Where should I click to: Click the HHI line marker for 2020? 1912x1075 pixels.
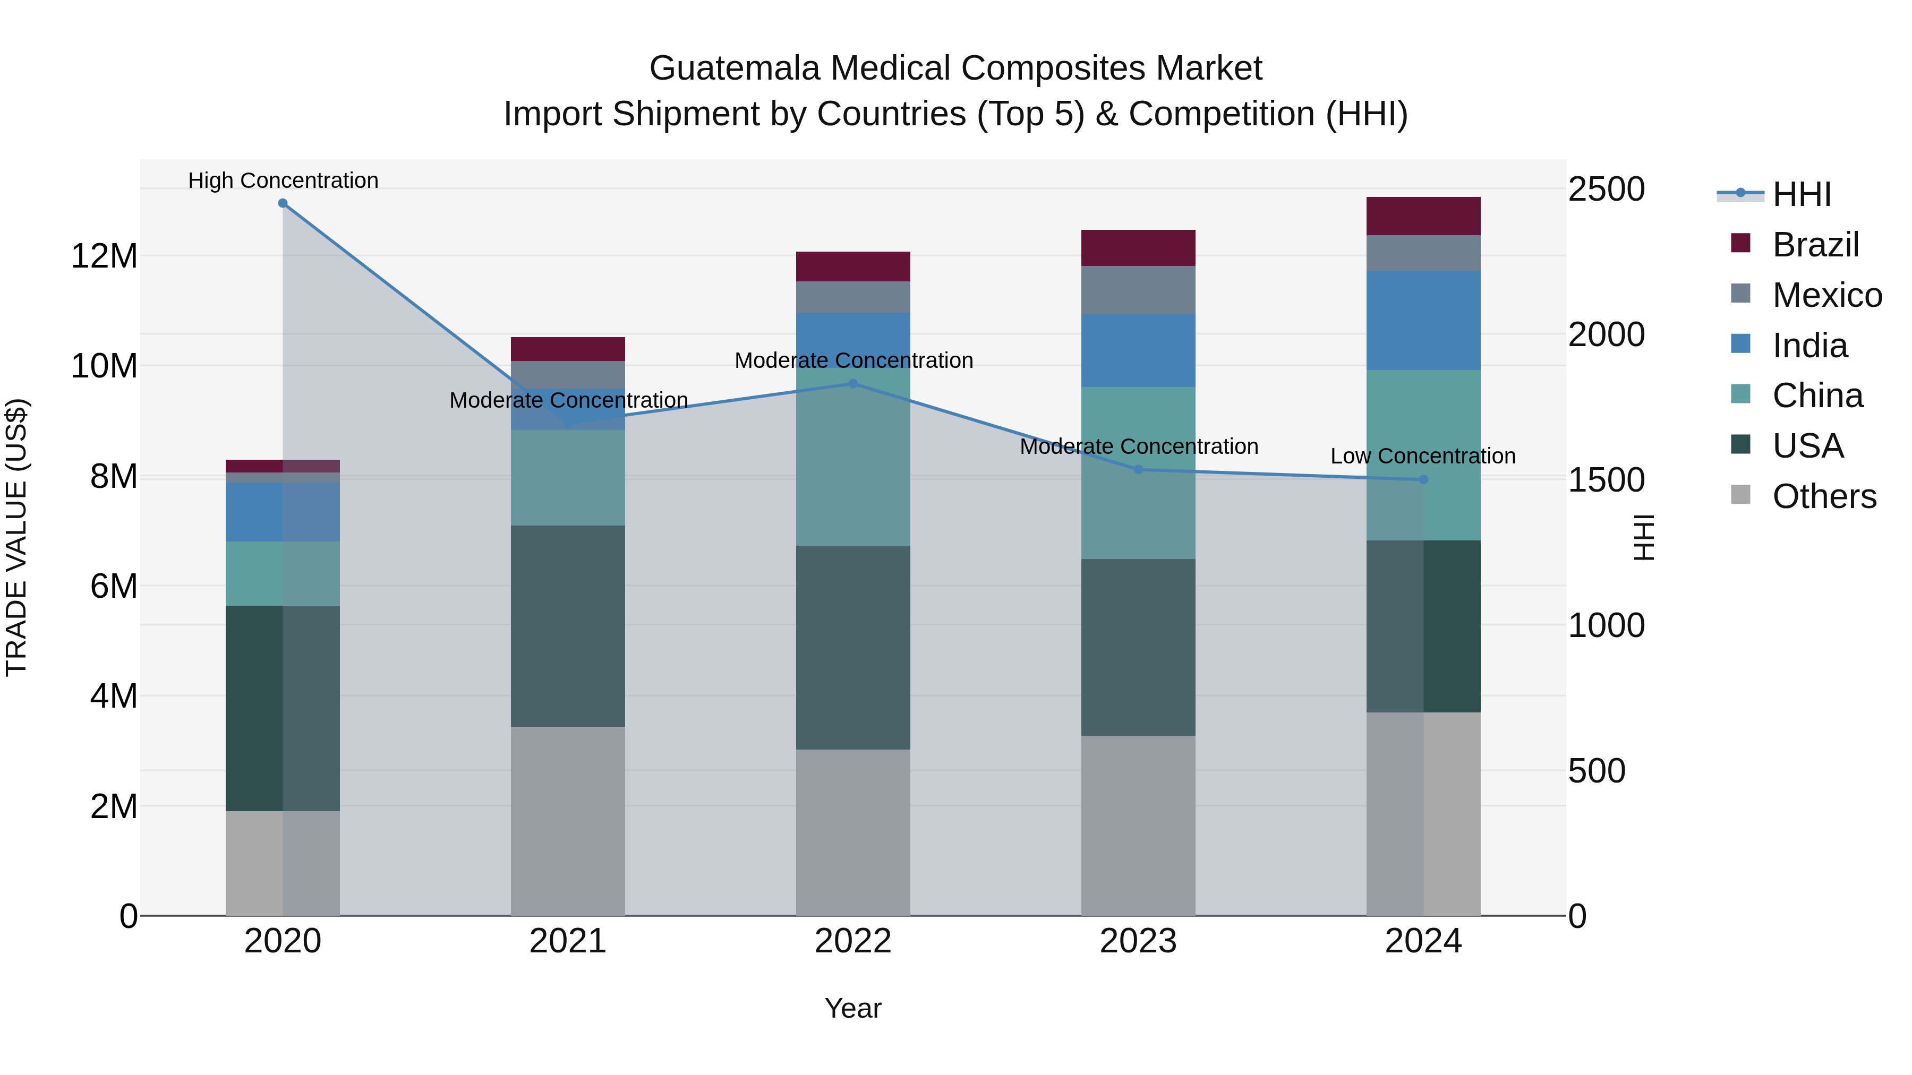(x=283, y=203)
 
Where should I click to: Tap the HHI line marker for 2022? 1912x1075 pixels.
(x=853, y=384)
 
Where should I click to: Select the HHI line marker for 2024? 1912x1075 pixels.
(x=1423, y=480)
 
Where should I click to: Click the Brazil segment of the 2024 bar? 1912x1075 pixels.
(x=1423, y=216)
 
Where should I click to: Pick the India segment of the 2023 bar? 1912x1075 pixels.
(x=1138, y=350)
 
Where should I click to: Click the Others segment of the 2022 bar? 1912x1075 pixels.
(x=853, y=832)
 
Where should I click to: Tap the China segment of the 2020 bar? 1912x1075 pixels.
(x=283, y=573)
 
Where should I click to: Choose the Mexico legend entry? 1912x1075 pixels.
(x=1826, y=295)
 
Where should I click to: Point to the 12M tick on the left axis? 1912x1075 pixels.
(x=104, y=256)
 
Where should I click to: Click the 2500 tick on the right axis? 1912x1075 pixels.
(x=1606, y=189)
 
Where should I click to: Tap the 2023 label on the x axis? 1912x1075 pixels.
(x=1138, y=941)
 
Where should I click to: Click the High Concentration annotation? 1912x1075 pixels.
(x=283, y=180)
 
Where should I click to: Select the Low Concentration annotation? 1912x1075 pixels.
(x=1422, y=455)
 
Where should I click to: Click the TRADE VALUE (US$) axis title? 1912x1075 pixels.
(x=16, y=537)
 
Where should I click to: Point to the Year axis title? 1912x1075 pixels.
(x=853, y=1008)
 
